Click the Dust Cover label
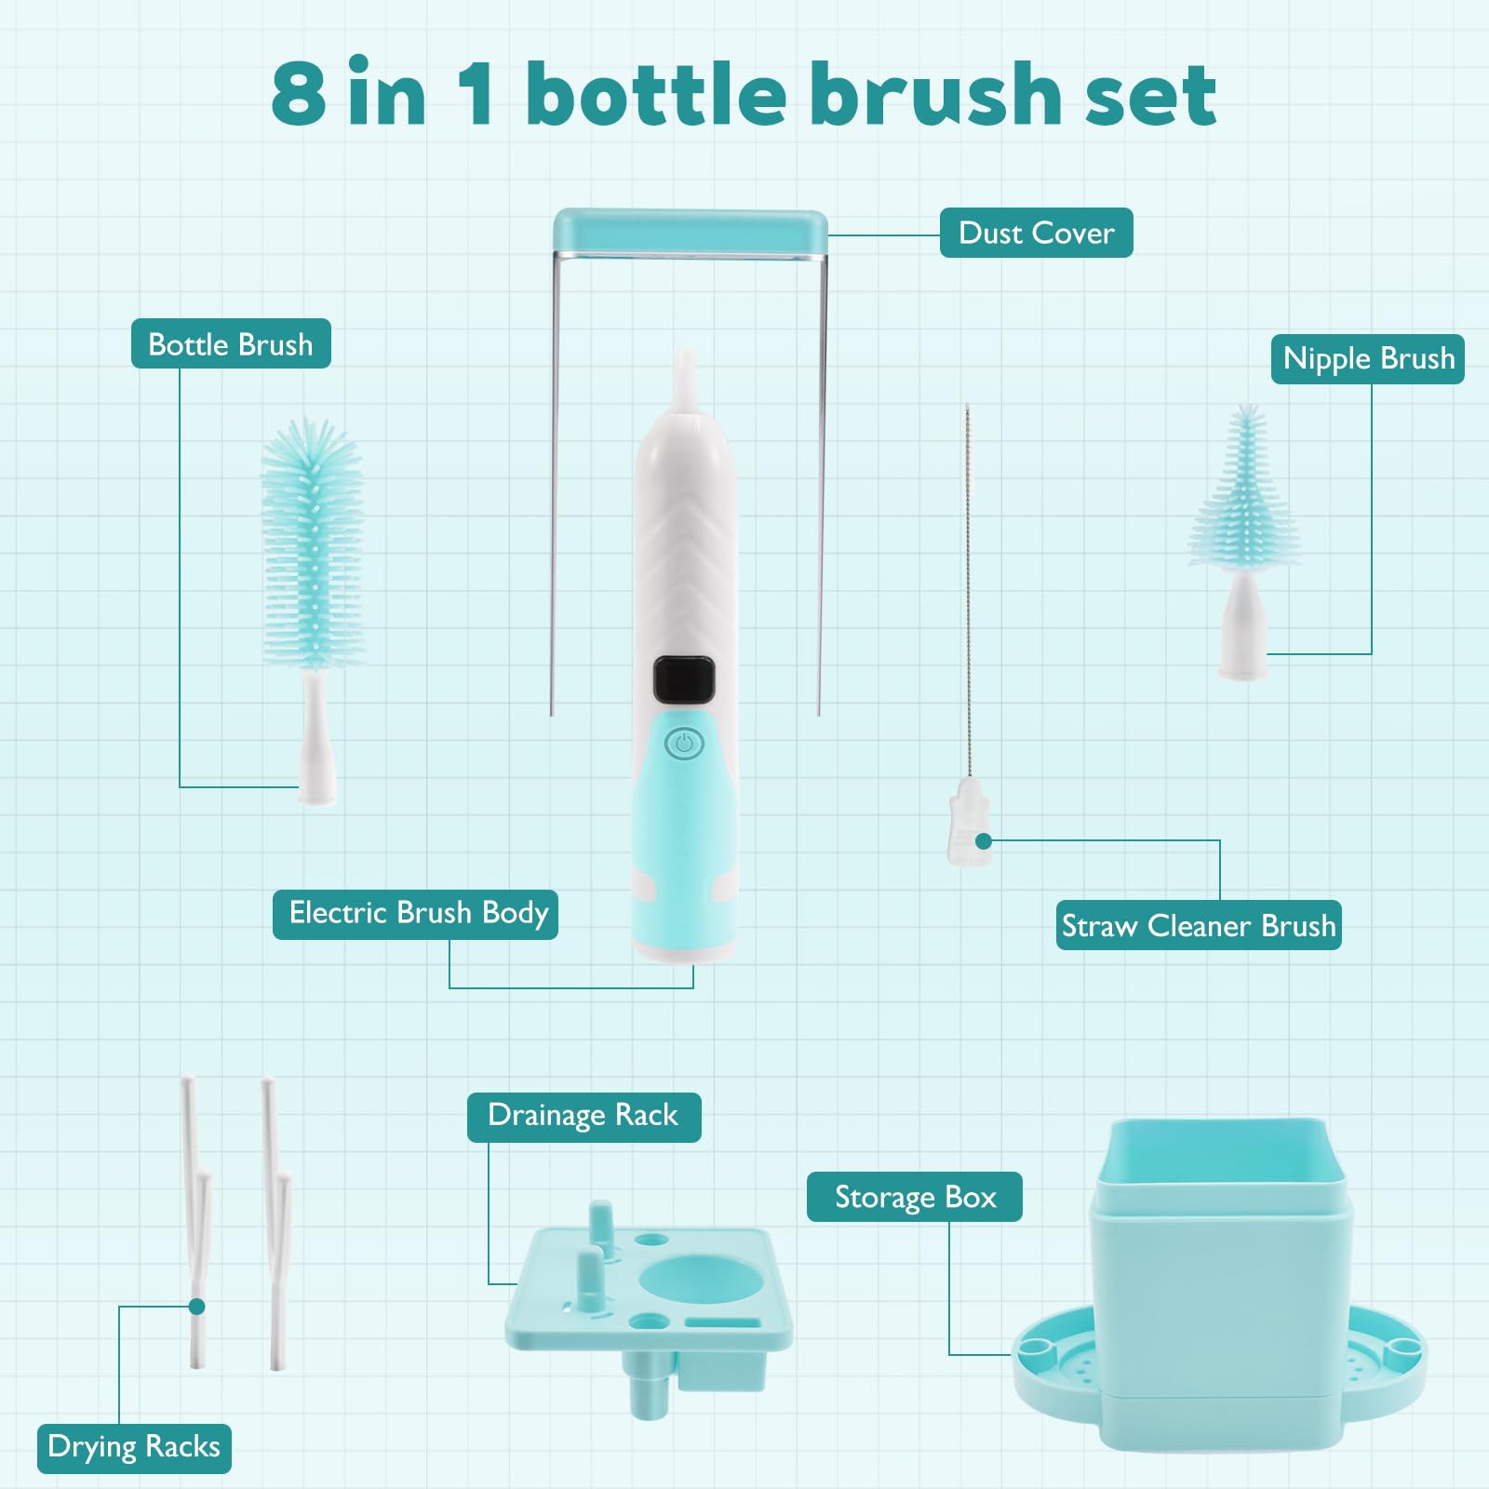coord(1036,233)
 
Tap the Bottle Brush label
coord(231,343)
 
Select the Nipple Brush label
coord(1368,358)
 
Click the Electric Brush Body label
coord(416,914)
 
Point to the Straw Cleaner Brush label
coord(1199,925)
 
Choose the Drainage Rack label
coord(584,1117)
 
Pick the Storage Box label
coord(915,1197)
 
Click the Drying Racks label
coord(134,1448)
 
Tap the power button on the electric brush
coord(684,744)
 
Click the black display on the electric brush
coord(684,680)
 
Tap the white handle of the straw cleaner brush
coord(969,821)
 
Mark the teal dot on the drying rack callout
coord(196,1307)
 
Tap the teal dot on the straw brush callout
coord(984,841)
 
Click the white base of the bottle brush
coord(316,740)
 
